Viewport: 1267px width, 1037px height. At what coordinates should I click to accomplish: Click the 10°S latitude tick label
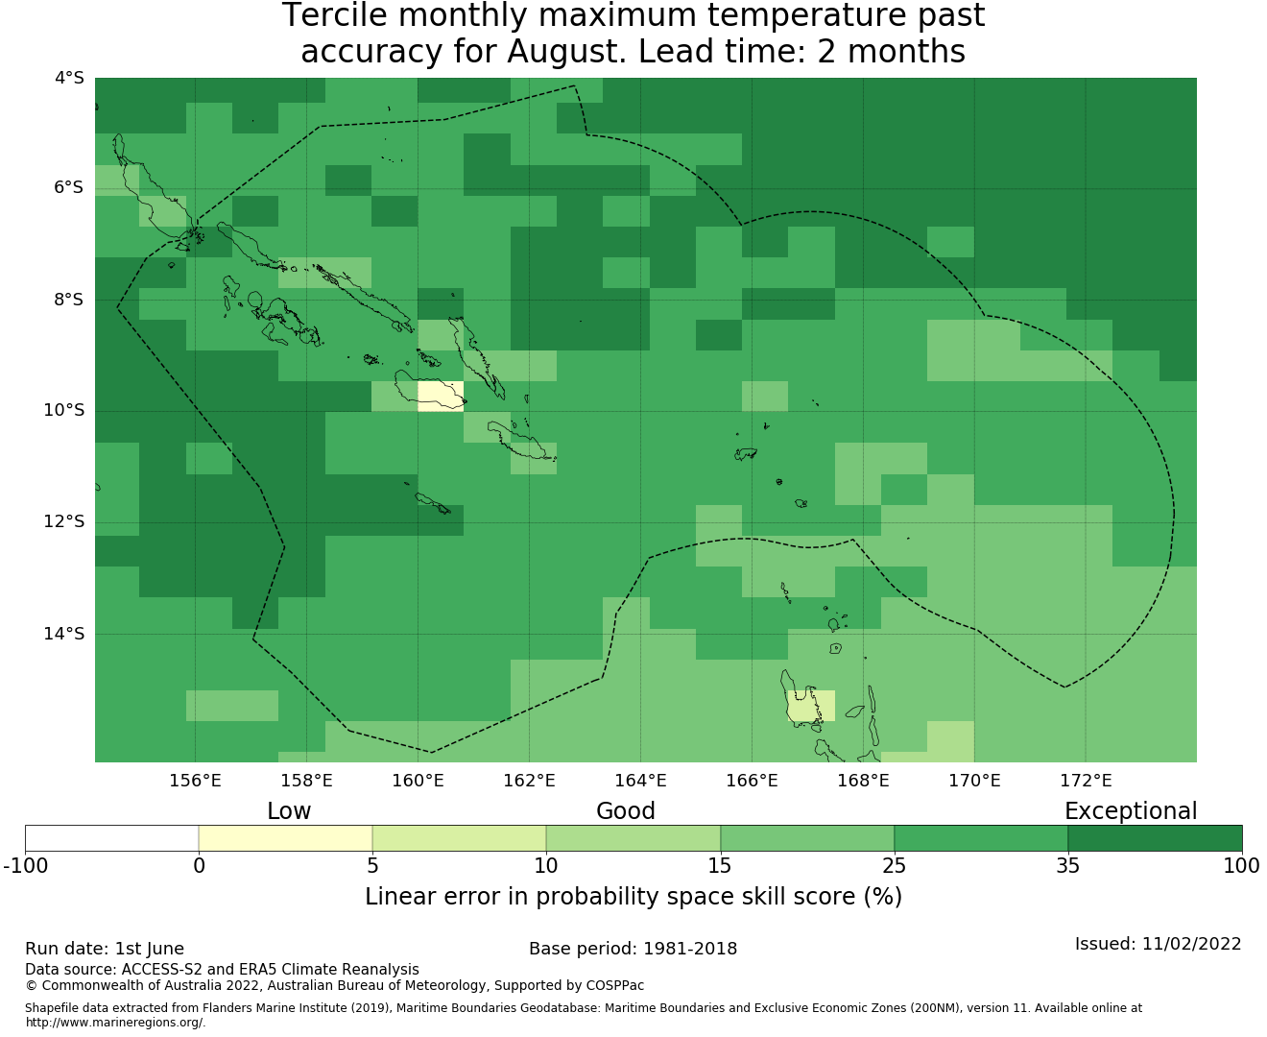[x=63, y=410]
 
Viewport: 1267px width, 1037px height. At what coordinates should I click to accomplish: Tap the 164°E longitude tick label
[x=640, y=781]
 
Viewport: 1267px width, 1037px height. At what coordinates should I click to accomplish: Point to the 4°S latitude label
[x=69, y=78]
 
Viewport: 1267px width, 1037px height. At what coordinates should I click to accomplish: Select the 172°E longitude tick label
[x=1086, y=781]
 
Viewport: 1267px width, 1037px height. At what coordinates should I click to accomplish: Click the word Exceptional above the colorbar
[x=1131, y=811]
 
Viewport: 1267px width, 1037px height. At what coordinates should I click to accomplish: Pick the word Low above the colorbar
[x=289, y=811]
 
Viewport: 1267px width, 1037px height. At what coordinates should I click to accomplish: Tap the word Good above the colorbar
[x=626, y=811]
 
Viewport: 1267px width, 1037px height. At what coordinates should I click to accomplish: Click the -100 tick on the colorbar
[x=25, y=866]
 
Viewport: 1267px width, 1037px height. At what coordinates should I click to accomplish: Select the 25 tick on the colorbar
[x=894, y=866]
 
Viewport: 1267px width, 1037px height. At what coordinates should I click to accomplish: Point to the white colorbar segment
[x=111, y=838]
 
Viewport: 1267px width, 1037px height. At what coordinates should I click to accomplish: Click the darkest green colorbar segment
[x=1155, y=838]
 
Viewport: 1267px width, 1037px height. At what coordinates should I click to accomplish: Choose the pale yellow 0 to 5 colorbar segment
[x=285, y=838]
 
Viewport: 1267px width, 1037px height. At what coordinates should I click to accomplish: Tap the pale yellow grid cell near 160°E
[x=441, y=397]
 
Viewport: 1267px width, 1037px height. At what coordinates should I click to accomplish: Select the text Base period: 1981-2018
[x=633, y=950]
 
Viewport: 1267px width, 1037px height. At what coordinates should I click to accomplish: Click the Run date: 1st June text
[x=105, y=950]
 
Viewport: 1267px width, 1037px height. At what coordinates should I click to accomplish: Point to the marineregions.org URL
[x=115, y=1023]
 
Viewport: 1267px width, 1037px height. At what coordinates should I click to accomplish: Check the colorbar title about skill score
[x=633, y=897]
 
